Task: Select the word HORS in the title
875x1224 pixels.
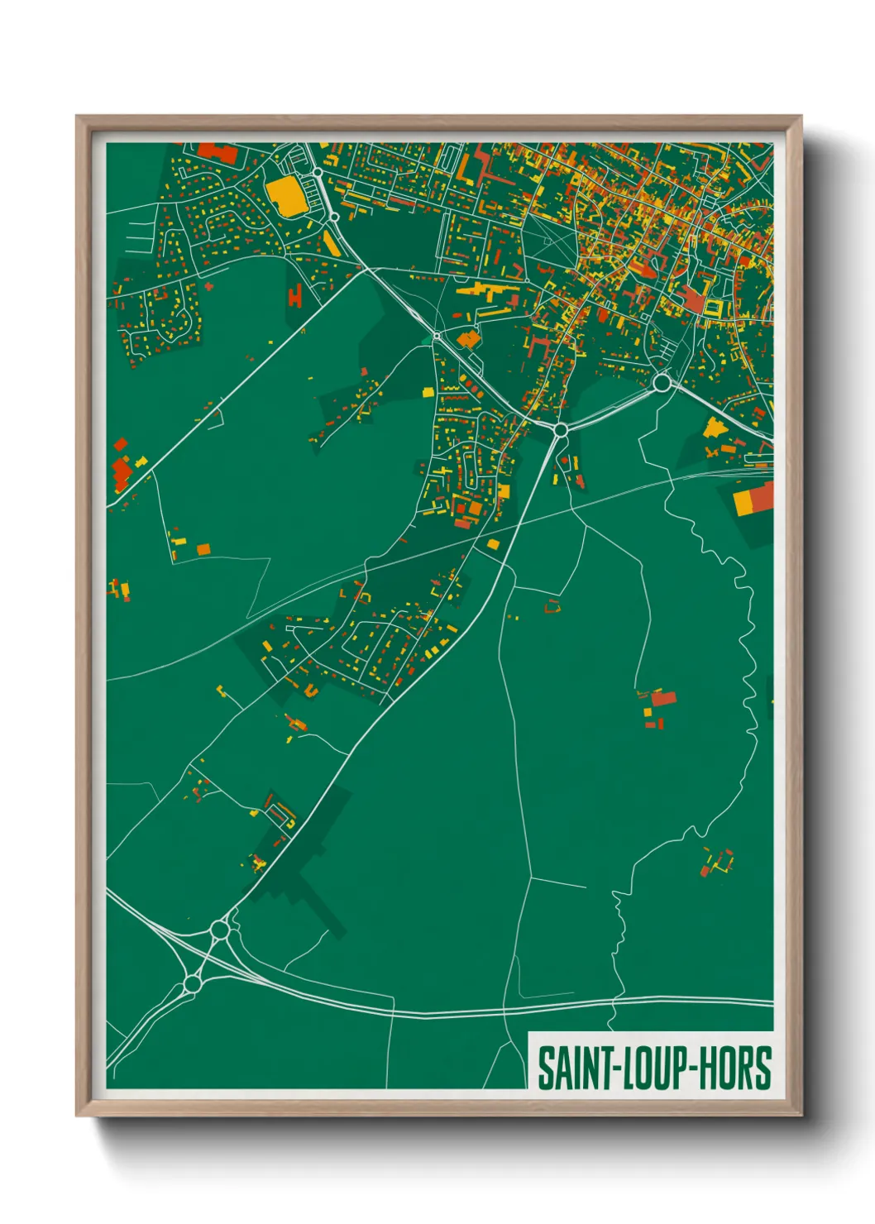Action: click(735, 1069)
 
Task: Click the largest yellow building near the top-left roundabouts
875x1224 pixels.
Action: click(284, 196)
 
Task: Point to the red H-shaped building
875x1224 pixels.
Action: click(295, 294)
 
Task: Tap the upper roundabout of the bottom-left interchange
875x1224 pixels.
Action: click(219, 930)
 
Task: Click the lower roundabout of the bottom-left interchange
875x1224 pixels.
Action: click(192, 984)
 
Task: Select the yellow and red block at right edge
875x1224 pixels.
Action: click(753, 499)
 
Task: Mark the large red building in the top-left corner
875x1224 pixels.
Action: click(218, 152)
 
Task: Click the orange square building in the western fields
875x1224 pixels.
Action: click(203, 549)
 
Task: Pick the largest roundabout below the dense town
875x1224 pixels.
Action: click(662, 383)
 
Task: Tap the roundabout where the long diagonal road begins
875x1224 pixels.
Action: click(561, 430)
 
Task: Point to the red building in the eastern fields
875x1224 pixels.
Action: click(663, 699)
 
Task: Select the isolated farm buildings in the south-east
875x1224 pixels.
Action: click(716, 862)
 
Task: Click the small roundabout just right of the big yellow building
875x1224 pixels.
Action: click(318, 173)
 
